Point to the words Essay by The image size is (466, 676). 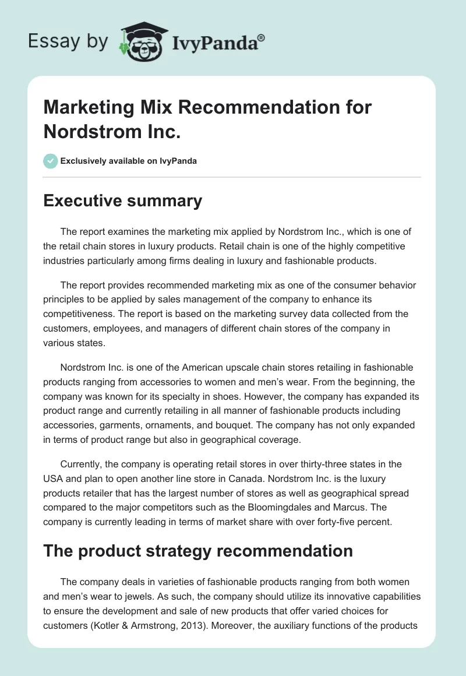68,42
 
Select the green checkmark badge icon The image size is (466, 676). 51,161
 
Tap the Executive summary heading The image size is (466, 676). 123,201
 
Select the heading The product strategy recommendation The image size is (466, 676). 198,551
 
